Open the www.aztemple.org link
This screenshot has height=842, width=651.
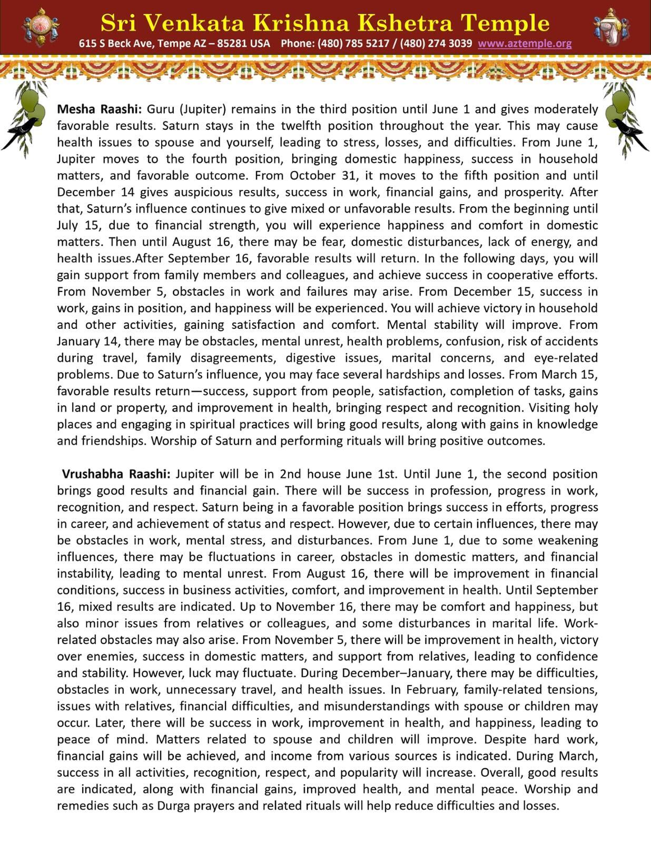point(525,44)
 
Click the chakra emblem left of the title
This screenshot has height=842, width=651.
point(41,26)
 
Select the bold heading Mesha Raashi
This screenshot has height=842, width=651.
point(99,109)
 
